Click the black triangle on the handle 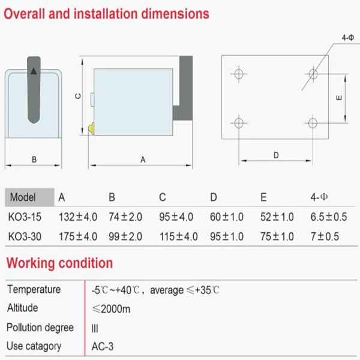pyautogui.click(x=34, y=71)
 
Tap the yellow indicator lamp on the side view pyautogui.click(x=91, y=128)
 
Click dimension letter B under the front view pyautogui.click(x=34, y=160)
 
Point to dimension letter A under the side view pyautogui.click(x=143, y=160)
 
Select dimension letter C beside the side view pyautogui.click(x=78, y=96)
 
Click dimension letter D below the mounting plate pyautogui.click(x=276, y=155)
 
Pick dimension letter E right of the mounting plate pyautogui.click(x=339, y=98)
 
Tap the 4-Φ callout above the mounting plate pyautogui.click(x=348, y=37)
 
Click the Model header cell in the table pyautogui.click(x=23, y=197)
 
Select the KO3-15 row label pyautogui.click(x=25, y=217)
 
